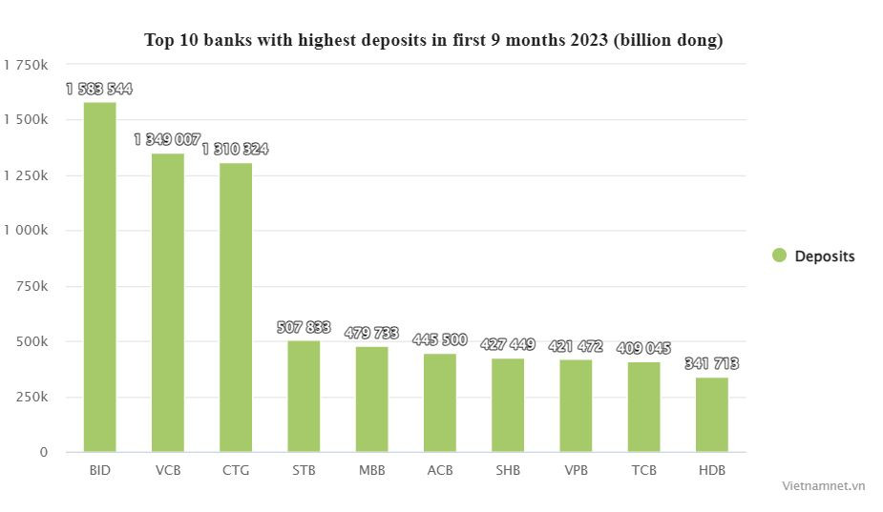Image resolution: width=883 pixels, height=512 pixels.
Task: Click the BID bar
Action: coord(99,276)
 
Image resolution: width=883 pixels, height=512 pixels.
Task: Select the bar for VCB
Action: coord(168,302)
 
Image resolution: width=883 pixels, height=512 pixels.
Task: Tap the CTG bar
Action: coord(236,307)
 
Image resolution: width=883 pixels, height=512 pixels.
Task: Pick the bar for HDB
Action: coord(711,415)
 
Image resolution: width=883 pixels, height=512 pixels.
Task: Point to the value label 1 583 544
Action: coord(99,90)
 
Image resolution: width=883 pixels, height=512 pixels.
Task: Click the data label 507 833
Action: coord(304,328)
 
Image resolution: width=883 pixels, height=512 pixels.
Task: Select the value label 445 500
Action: coord(440,340)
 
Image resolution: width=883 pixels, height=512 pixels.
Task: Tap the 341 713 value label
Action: coord(711,364)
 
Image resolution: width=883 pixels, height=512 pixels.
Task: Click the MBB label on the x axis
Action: coord(372,471)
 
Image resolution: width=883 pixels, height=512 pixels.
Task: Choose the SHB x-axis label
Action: coord(508,471)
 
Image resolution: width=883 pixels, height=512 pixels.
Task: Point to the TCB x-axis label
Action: coord(643,471)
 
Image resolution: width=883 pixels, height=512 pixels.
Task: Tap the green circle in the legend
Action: coord(779,256)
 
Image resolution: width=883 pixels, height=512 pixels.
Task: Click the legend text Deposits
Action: coord(825,256)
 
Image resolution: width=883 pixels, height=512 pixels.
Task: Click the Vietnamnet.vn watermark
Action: coord(823,485)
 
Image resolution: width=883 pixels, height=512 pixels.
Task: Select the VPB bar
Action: coord(576,405)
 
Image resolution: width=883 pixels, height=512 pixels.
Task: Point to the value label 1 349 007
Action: coord(168,140)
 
